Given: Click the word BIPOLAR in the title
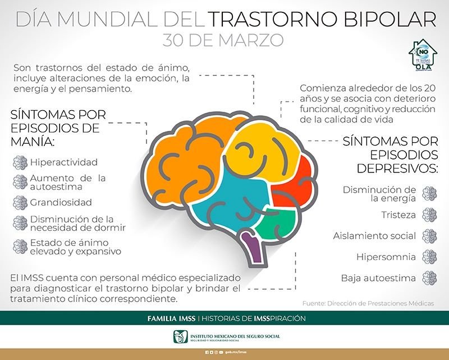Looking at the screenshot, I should [x=388, y=20].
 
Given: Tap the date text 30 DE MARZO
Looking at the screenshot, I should [x=223, y=40].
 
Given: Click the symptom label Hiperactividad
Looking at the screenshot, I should [x=64, y=162].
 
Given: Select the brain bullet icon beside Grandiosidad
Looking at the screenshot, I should [x=20, y=202].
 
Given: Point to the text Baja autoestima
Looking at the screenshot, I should [x=378, y=278].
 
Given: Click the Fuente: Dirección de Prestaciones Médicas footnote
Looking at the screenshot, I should [x=368, y=303].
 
